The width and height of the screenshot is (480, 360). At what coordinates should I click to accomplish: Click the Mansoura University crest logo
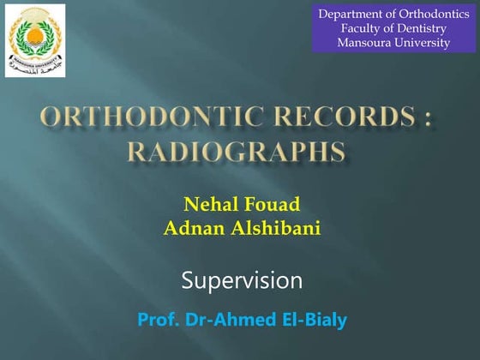34,39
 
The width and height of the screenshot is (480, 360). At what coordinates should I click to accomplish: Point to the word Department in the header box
351,15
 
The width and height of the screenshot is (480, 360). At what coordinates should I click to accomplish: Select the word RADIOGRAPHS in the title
237,153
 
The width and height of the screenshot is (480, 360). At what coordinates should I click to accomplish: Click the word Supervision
243,280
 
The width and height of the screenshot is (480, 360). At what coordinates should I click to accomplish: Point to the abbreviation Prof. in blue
158,321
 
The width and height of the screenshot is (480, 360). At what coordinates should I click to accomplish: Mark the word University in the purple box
421,44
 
